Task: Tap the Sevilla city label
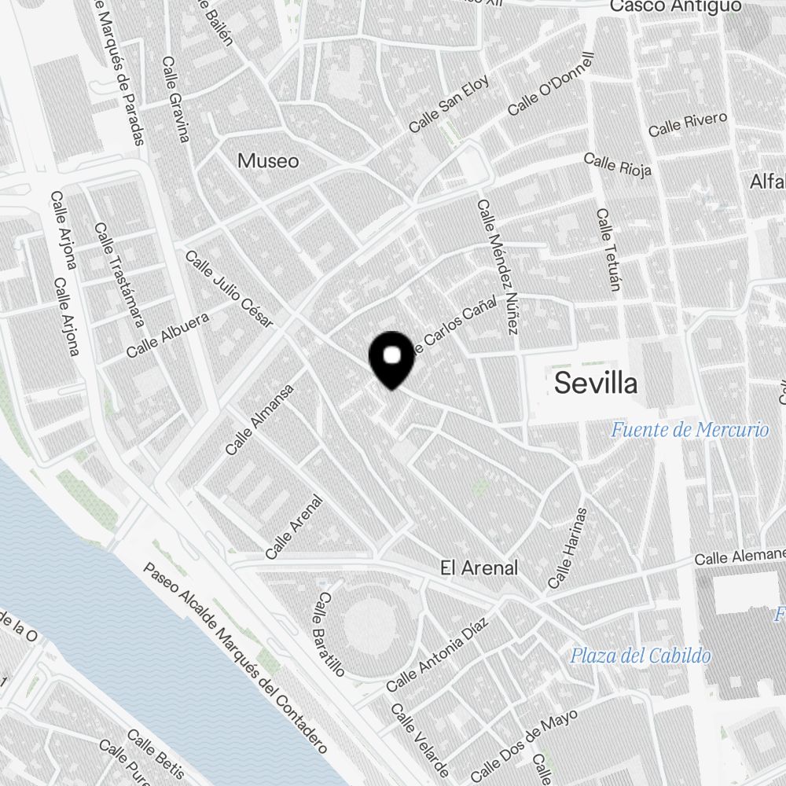click(596, 384)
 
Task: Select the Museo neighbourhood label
click(268, 161)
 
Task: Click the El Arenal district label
click(479, 567)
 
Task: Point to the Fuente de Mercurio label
click(689, 430)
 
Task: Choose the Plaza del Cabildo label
click(641, 656)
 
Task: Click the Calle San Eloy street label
click(449, 104)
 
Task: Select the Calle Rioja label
click(618, 166)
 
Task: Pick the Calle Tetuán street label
click(608, 249)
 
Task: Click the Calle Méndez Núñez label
click(497, 266)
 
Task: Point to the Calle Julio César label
click(229, 288)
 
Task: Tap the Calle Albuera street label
click(167, 336)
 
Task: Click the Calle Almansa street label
click(259, 420)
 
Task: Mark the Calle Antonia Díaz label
click(437, 655)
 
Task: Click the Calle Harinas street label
click(567, 549)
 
